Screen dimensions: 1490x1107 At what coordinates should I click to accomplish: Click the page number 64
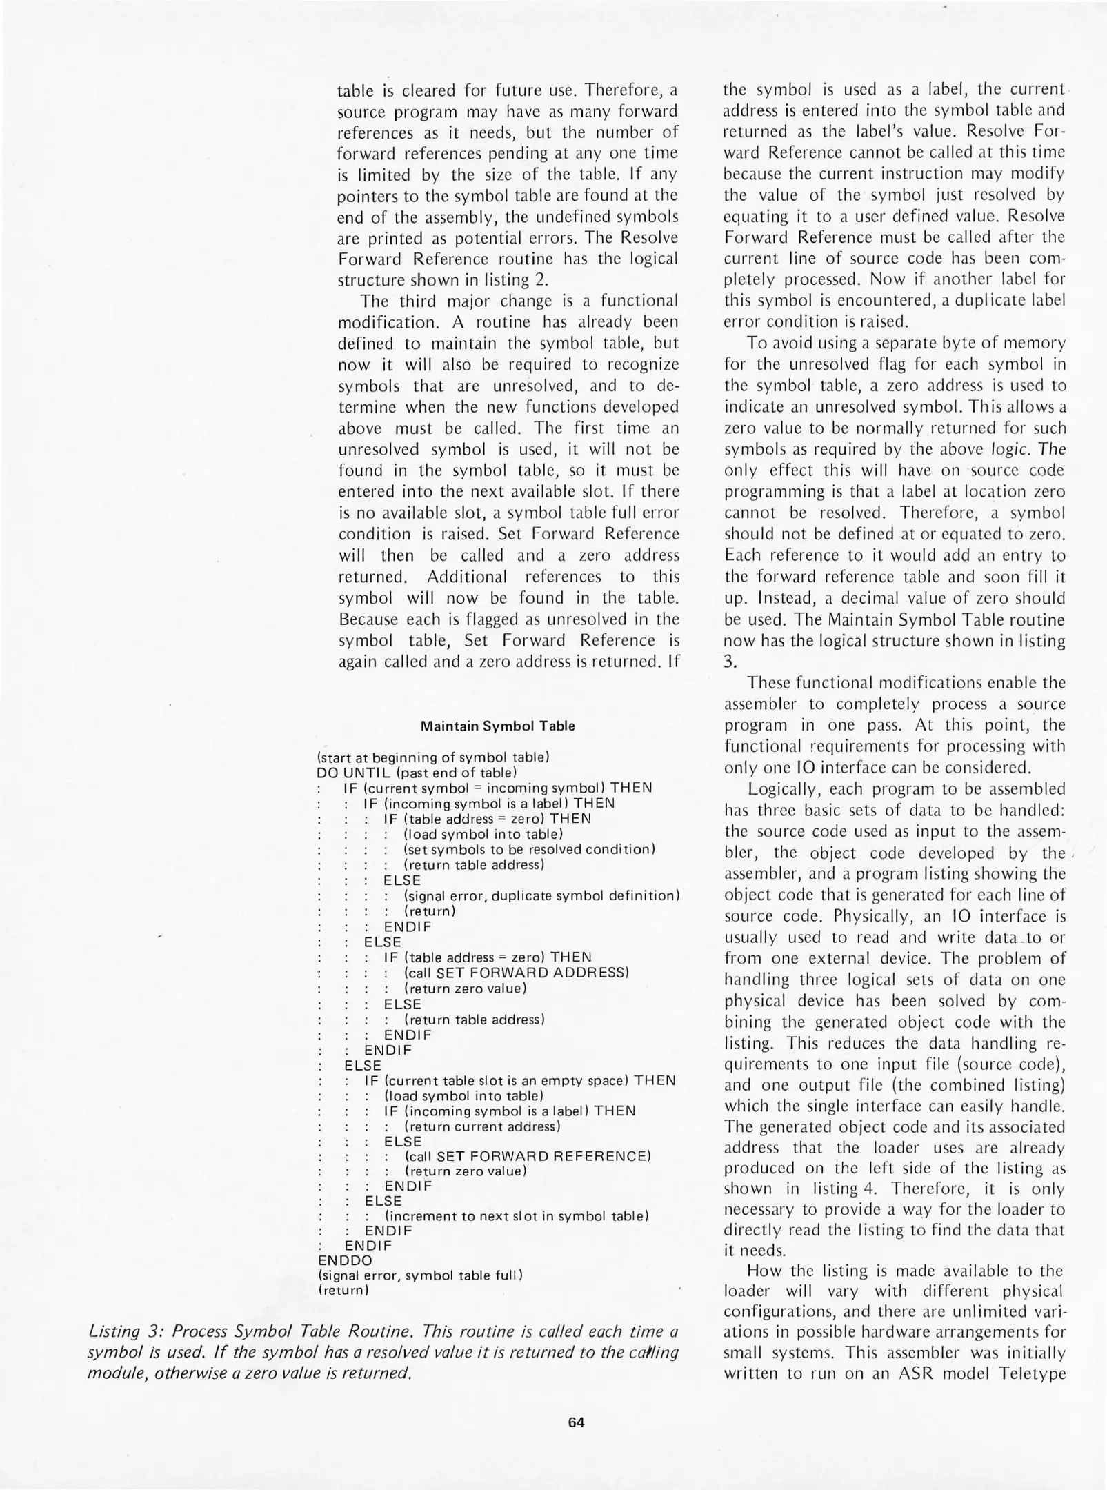576,1422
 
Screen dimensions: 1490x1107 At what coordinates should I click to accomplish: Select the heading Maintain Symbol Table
497,726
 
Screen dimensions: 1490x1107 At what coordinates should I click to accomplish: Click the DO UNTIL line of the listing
416,772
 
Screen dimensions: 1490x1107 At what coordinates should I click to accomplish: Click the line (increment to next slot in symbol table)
517,1215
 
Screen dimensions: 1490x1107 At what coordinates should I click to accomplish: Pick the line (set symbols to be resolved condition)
529,849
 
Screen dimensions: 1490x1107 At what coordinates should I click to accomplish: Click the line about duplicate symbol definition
542,895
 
